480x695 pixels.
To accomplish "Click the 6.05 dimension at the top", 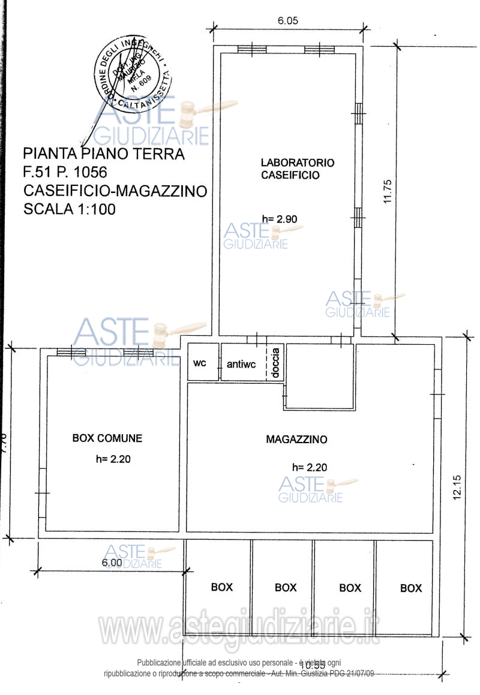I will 287,20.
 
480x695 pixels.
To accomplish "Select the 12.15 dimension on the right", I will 457,488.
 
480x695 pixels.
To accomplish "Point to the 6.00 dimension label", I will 112,562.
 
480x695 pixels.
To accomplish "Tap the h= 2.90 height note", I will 280,219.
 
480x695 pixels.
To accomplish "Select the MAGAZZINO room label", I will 296,440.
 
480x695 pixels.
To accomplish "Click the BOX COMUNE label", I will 107,438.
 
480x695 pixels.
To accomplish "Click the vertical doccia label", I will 275,363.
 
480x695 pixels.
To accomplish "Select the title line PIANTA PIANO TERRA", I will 104,154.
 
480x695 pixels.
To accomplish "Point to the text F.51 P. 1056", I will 65,173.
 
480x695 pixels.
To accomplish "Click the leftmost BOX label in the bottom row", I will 221,588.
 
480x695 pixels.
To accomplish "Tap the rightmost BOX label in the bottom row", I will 411,588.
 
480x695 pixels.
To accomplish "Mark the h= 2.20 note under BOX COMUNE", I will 113,460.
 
